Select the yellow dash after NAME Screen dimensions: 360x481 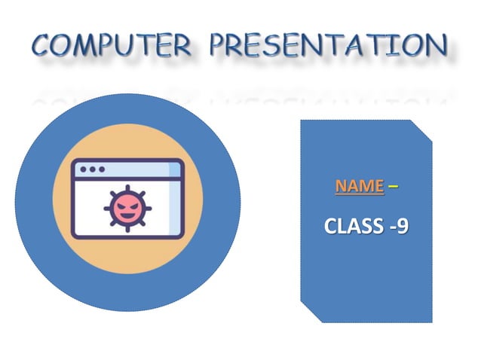[x=394, y=186]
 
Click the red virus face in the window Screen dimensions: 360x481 [x=126, y=208]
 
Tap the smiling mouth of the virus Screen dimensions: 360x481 [x=126, y=215]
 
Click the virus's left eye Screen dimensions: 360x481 [x=121, y=205]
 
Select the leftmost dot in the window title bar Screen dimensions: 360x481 [x=83, y=169]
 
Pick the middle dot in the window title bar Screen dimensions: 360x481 [x=92, y=169]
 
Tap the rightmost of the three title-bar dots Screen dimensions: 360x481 [x=101, y=169]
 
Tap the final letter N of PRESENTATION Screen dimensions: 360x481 [x=434, y=46]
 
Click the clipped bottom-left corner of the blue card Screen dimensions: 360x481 [x=308, y=313]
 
